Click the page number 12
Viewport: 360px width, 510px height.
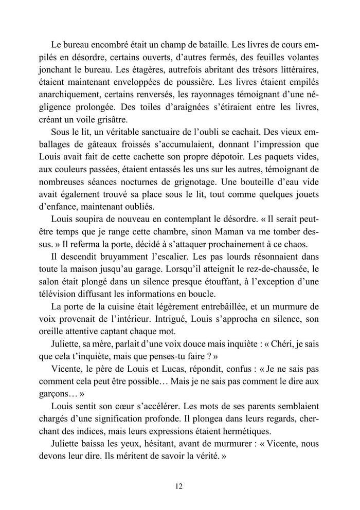(179, 486)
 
